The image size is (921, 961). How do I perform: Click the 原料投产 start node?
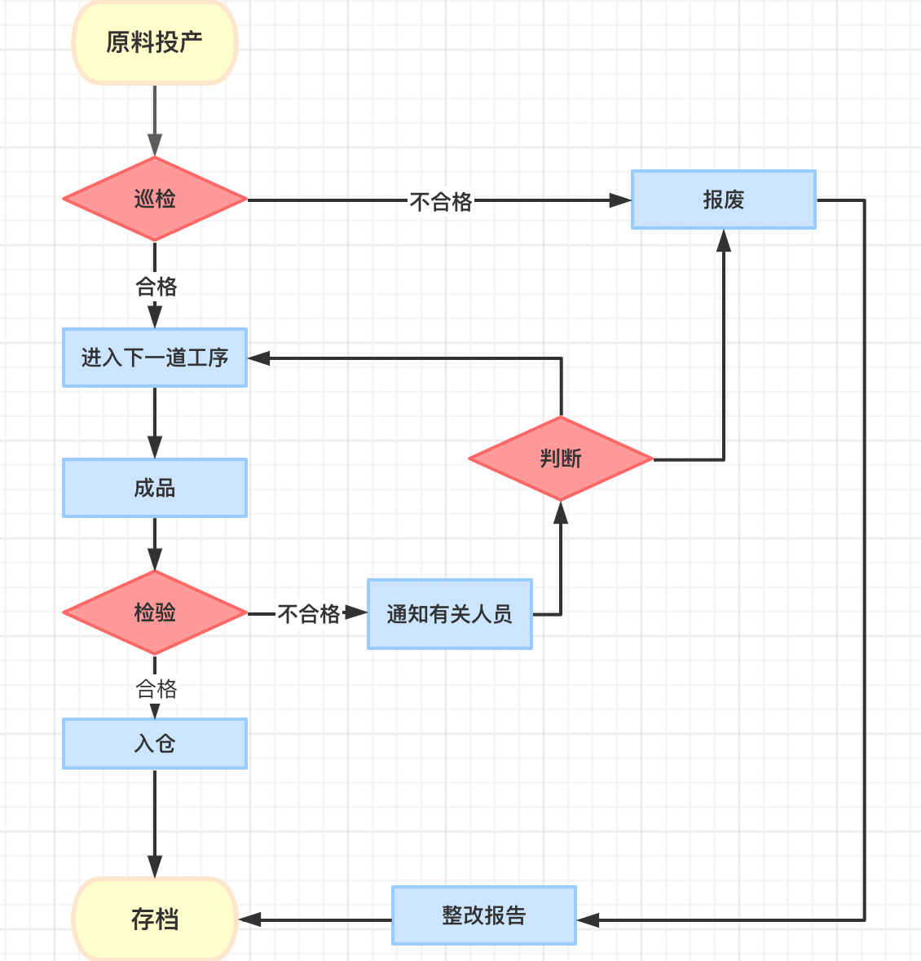[x=155, y=42]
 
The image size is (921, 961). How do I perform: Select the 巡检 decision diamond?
[x=155, y=199]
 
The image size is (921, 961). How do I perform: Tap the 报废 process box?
[x=724, y=200]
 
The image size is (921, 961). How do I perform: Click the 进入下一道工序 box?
[x=155, y=358]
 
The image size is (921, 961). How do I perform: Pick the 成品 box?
[x=155, y=488]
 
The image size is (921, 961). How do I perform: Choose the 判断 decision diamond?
[x=561, y=459]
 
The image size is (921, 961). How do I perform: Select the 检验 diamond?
[x=155, y=612]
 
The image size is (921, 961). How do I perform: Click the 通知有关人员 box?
[x=450, y=614]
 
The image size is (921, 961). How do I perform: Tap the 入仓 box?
[x=155, y=744]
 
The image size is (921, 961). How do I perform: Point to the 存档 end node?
[x=155, y=919]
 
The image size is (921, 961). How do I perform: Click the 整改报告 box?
[x=484, y=915]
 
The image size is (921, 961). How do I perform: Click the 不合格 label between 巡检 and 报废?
[x=441, y=201]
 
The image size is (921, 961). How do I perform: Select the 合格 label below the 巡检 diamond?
[x=156, y=287]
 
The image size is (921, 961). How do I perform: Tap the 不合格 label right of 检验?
[x=309, y=613]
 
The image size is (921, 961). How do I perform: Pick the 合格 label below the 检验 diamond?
[x=156, y=689]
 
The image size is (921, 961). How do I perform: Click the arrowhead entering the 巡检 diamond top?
[x=155, y=146]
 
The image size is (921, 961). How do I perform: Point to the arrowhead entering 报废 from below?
[x=724, y=240]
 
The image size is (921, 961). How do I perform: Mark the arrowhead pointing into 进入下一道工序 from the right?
[x=259, y=358]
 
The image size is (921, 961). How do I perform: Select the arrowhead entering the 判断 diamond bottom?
[x=561, y=512]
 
